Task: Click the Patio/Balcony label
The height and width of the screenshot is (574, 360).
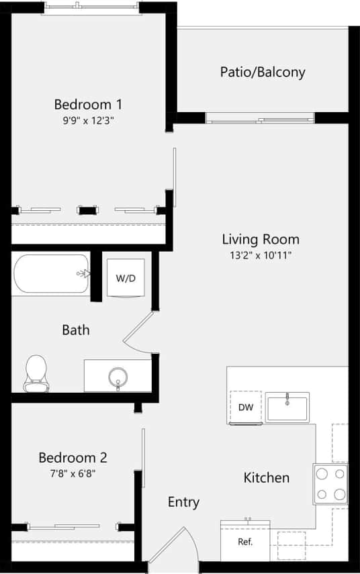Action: pyautogui.click(x=263, y=72)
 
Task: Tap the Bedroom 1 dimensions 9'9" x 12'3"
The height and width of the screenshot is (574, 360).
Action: pyautogui.click(x=87, y=121)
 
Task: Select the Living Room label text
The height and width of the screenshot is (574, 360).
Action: pyautogui.click(x=261, y=239)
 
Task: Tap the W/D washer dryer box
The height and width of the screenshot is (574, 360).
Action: pyautogui.click(x=126, y=278)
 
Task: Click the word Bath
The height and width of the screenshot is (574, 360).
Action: pyautogui.click(x=76, y=330)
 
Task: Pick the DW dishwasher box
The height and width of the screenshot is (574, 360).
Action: pyautogui.click(x=244, y=408)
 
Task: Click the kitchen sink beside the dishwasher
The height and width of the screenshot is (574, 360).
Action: pyautogui.click(x=287, y=407)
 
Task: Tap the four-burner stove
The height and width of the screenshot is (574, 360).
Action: pyautogui.click(x=330, y=484)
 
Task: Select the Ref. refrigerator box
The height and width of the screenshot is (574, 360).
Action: pyautogui.click(x=245, y=540)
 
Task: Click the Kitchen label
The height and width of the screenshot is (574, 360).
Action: pyautogui.click(x=267, y=478)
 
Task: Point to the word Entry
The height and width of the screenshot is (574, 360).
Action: pyautogui.click(x=183, y=502)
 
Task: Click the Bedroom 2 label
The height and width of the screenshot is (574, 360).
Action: pyautogui.click(x=73, y=458)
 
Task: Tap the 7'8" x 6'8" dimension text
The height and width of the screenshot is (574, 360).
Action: pyautogui.click(x=73, y=473)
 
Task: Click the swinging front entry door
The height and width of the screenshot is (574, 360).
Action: pyautogui.click(x=173, y=545)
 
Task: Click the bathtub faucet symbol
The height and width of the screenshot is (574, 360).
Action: pyautogui.click(x=84, y=273)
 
